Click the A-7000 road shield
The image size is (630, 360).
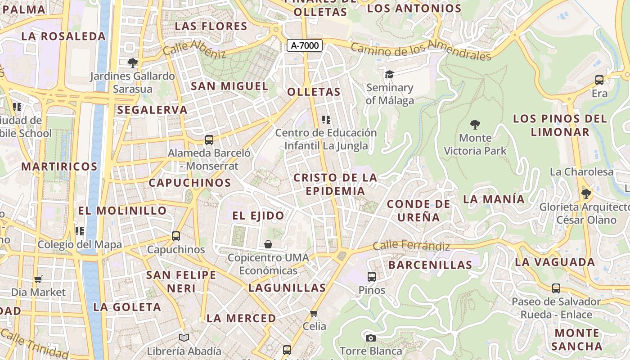[305, 45]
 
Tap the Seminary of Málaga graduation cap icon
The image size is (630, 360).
[389, 74]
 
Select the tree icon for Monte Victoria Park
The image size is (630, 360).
[475, 124]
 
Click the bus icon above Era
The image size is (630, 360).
[599, 80]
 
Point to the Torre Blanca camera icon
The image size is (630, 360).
[370, 338]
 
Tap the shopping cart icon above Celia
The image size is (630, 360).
[314, 313]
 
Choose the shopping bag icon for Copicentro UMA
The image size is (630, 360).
[268, 244]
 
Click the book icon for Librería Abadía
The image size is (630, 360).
[184, 337]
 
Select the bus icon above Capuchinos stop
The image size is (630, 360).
[176, 236]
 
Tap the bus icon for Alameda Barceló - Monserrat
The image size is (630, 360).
[209, 139]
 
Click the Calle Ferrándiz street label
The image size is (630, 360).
[411, 246]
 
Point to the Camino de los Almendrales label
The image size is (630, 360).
[420, 51]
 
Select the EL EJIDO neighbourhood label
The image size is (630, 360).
[258, 216]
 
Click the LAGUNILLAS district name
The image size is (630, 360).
[287, 288]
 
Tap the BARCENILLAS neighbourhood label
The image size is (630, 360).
[430, 265]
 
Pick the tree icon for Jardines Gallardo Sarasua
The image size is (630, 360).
[132, 63]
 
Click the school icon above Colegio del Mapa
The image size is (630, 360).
[80, 231]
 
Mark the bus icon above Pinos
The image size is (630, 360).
[372, 277]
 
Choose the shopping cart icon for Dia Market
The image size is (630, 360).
[38, 279]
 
